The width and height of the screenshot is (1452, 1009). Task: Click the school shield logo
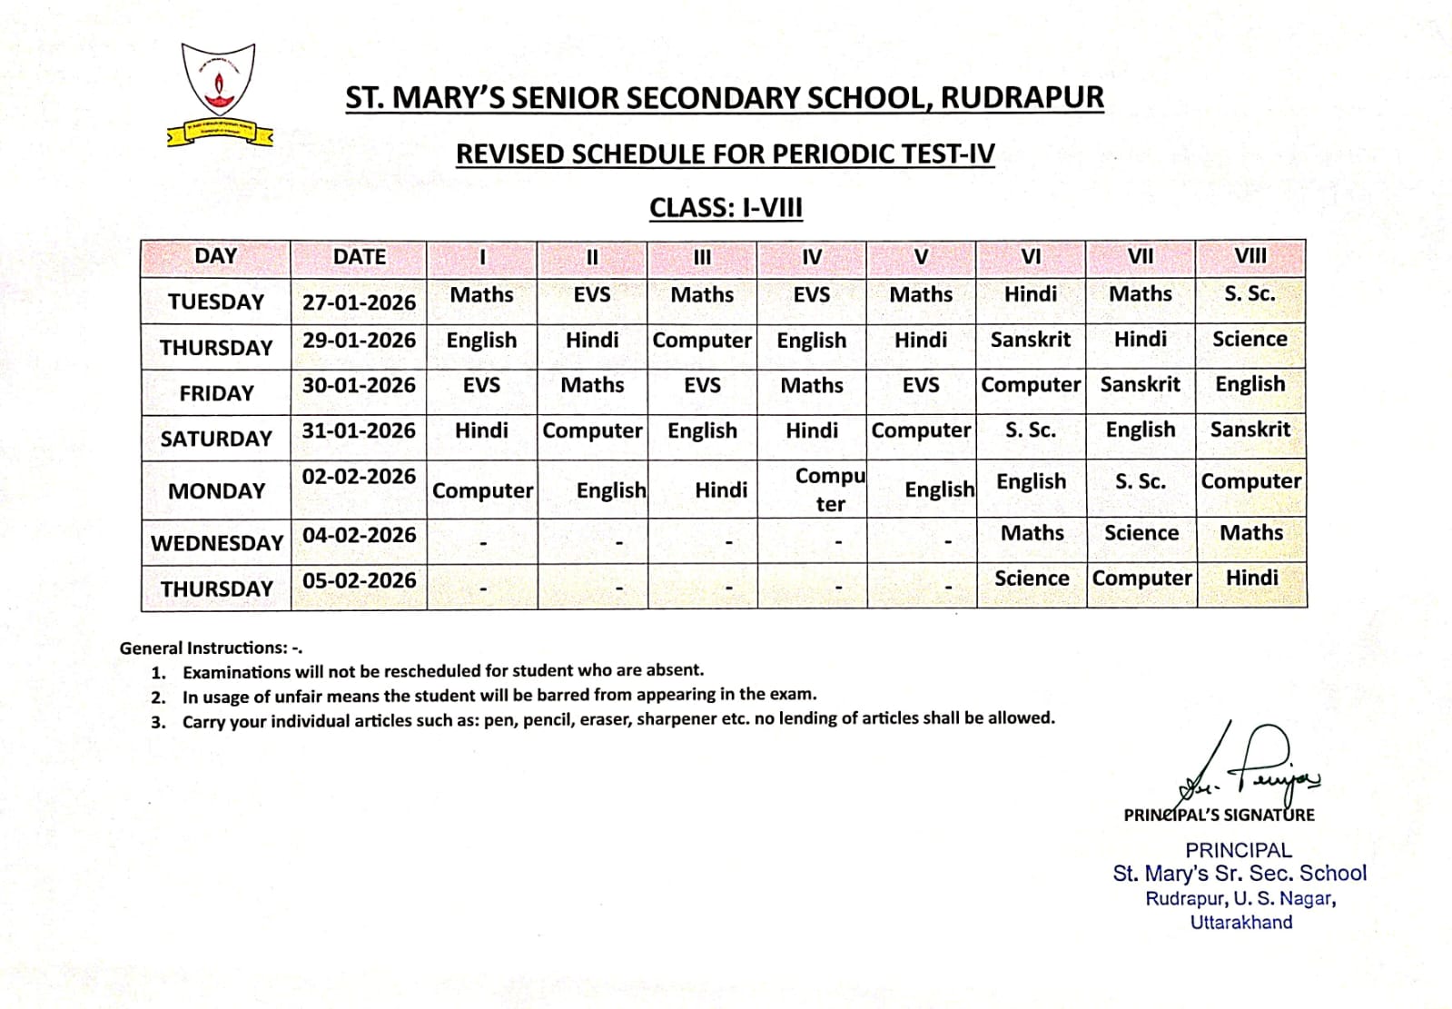point(219,92)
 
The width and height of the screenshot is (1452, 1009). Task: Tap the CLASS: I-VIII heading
point(726,208)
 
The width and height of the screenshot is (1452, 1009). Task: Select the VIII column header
point(1250,256)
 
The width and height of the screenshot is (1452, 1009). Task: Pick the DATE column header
point(359,257)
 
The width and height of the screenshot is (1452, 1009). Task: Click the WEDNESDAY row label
point(217,543)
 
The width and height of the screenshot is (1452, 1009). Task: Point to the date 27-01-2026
point(359,302)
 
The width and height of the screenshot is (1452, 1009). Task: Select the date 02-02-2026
point(359,476)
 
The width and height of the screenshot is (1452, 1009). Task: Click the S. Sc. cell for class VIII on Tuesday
point(1250,294)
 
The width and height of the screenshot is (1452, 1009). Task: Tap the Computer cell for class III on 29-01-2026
point(702,341)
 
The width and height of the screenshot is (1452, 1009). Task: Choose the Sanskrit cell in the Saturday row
point(1250,430)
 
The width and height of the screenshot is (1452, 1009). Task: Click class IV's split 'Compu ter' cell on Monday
point(830,490)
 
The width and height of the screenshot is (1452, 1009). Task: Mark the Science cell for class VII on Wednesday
point(1141,533)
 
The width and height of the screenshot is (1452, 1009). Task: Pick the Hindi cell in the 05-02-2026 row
point(1251,578)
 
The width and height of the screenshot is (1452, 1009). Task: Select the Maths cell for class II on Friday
point(592,385)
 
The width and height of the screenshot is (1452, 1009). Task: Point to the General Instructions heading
point(211,648)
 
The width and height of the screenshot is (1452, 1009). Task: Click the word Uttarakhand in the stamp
point(1240,923)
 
